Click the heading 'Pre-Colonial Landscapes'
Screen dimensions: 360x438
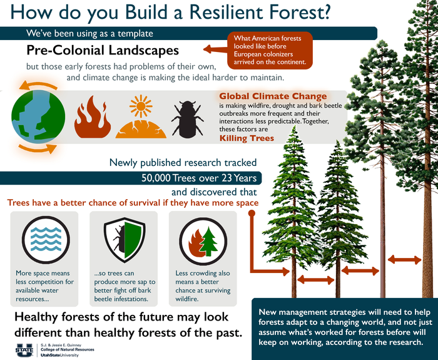click(103, 50)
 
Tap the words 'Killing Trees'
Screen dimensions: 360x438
click(246, 138)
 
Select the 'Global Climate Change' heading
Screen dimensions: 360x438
click(273, 96)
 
